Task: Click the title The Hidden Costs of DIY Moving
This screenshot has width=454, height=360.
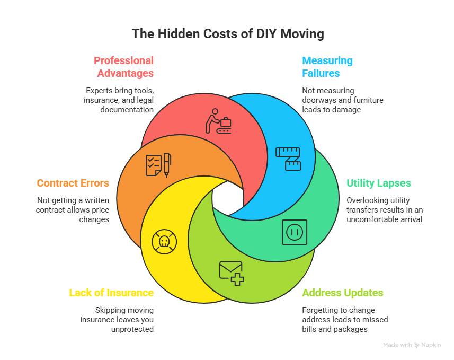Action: pos(228,34)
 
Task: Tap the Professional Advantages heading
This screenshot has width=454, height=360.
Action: pos(124,66)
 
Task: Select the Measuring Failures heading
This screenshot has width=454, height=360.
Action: pos(327,66)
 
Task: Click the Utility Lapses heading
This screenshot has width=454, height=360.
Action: pos(379,183)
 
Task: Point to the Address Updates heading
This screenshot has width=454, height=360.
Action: pos(343,293)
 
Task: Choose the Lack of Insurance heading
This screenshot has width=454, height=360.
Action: pos(111,293)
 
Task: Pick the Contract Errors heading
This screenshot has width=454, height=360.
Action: pos(73,183)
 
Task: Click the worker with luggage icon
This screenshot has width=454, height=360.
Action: pos(219,121)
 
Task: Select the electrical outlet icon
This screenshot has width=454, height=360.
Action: pos(295,232)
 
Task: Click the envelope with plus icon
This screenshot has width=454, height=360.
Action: pos(232,273)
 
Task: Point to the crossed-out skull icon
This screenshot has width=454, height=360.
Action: pos(164,241)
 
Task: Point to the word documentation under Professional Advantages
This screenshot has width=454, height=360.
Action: pos(127,110)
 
